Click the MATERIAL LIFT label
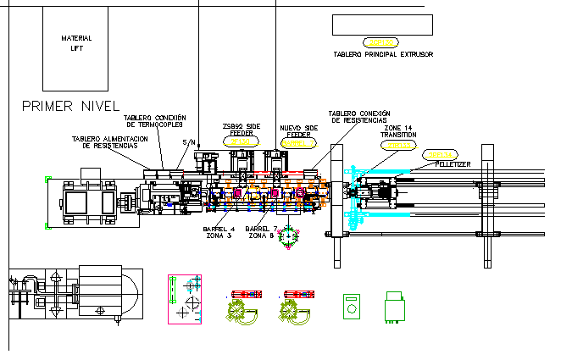pyautogui.click(x=76, y=43)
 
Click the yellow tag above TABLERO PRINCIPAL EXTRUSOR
pyautogui.click(x=379, y=42)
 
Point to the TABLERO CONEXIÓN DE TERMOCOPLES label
pyautogui.click(x=155, y=121)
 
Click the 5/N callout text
pyautogui.click(x=187, y=141)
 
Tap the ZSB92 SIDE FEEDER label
pyautogui.click(x=242, y=130)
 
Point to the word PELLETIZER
pyautogui.click(x=449, y=164)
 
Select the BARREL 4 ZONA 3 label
pyautogui.click(x=219, y=232)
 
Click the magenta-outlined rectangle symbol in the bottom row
pyautogui.click(x=186, y=298)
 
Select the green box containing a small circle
pyautogui.click(x=351, y=307)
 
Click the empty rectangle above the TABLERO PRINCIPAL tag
pyautogui.click(x=382, y=25)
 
